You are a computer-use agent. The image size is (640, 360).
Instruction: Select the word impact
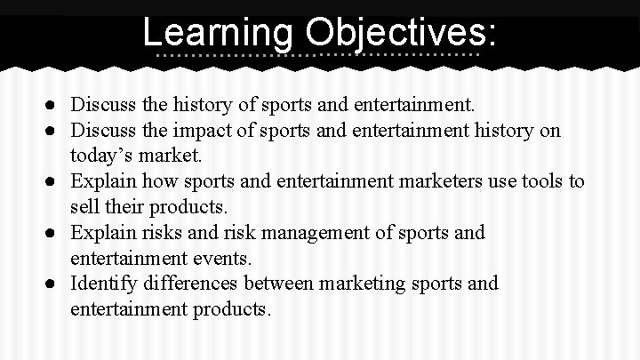tap(195, 131)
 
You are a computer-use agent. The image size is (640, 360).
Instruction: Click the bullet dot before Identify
tap(54, 284)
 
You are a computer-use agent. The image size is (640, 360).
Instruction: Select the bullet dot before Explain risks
tap(54, 233)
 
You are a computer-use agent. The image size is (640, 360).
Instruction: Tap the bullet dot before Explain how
tap(54, 182)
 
